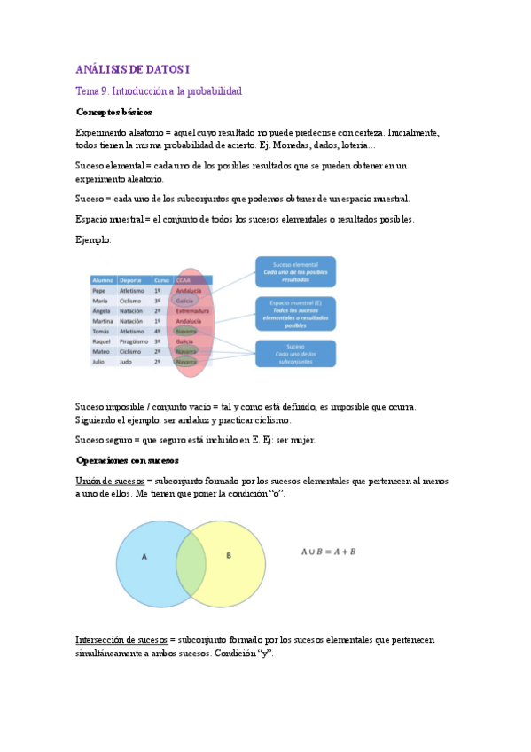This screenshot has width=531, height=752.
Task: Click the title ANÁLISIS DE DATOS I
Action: pyautogui.click(x=132, y=69)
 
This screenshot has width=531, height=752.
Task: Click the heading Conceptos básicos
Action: pyautogui.click(x=113, y=113)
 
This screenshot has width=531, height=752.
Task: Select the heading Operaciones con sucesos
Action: pyautogui.click(x=128, y=460)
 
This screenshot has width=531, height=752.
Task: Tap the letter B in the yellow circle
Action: pyautogui.click(x=228, y=556)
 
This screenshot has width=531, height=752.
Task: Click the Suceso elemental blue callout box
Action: pyautogui.click(x=295, y=271)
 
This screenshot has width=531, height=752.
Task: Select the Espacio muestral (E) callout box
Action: pyautogui.click(x=295, y=312)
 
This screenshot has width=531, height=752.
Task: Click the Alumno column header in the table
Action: pyautogui.click(x=103, y=279)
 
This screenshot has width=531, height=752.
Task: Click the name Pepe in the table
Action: pyautogui.click(x=99, y=290)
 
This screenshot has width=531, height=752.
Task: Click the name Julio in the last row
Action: pyautogui.click(x=99, y=362)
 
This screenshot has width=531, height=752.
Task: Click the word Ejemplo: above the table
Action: pyautogui.click(x=93, y=240)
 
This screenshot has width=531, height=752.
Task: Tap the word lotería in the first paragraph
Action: pyautogui.click(x=356, y=145)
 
